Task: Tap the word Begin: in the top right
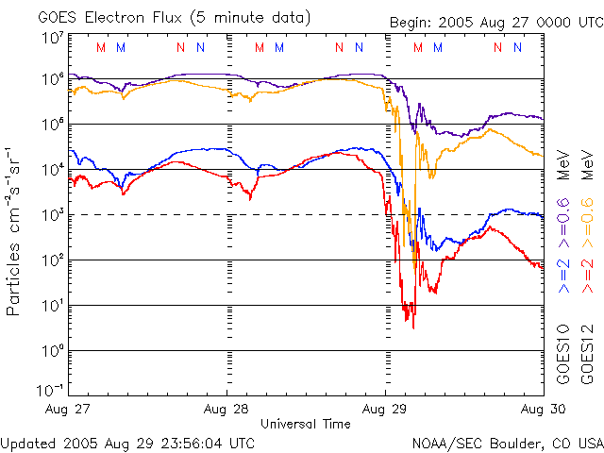click(x=412, y=24)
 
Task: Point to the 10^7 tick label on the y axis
click(x=52, y=38)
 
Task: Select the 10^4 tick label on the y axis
click(x=52, y=170)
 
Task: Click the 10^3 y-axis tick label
click(x=52, y=215)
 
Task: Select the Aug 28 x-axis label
click(x=227, y=409)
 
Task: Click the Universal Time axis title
click(x=305, y=424)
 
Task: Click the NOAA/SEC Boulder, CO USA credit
click(x=507, y=443)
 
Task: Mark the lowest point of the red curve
click(x=412, y=327)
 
